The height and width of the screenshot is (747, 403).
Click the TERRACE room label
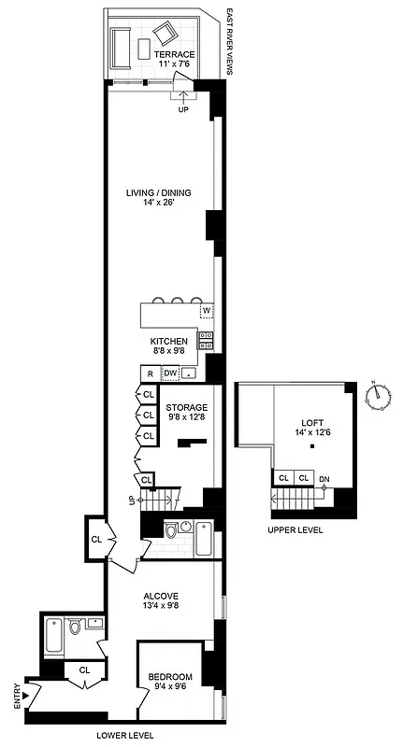coord(174,54)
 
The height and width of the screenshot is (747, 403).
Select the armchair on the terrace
coord(165,34)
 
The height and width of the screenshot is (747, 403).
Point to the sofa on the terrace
coord(120,48)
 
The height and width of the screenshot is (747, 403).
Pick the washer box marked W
coord(206,310)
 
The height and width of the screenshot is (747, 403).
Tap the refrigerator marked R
coord(149,374)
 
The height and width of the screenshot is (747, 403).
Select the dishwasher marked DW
coord(170,374)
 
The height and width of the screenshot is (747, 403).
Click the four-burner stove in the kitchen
coord(207,341)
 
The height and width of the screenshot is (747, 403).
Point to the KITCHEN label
coord(169,342)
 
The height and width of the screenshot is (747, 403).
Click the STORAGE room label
coord(186,408)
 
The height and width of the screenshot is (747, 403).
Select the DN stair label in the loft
coord(324,479)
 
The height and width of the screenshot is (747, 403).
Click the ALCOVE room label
coord(160,595)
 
